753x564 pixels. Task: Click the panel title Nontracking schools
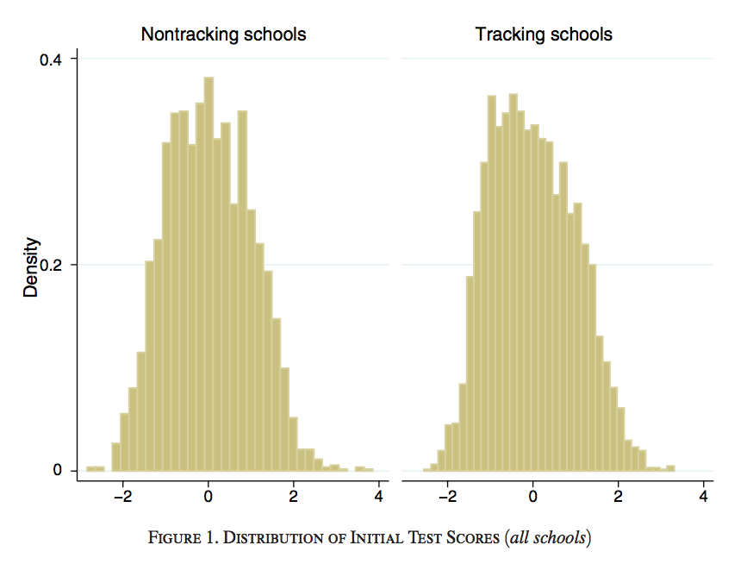tap(223, 35)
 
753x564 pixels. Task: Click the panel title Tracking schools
tap(544, 35)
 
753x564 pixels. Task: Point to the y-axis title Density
tap(31, 266)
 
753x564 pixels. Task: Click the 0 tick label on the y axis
tap(59, 470)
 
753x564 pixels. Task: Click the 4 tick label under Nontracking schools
tap(379, 497)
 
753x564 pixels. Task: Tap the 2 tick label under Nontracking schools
tap(294, 497)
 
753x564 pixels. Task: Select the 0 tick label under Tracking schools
tap(533, 497)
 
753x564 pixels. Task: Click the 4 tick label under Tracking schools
tap(704, 497)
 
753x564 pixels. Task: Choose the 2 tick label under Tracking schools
tap(619, 497)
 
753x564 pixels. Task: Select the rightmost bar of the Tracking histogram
tap(670, 468)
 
